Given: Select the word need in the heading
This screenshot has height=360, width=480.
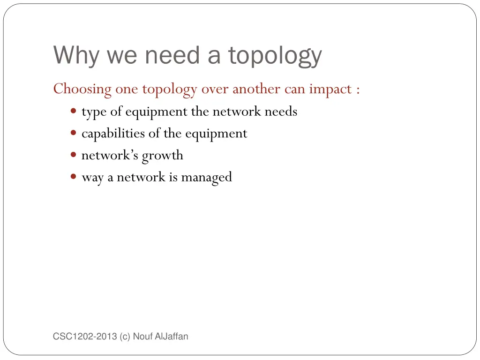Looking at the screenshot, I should (x=172, y=55).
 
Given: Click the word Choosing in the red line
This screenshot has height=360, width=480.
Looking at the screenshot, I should (x=82, y=89).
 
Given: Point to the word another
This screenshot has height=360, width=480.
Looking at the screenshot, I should (x=256, y=89).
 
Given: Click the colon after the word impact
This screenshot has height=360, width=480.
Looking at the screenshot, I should (x=358, y=90).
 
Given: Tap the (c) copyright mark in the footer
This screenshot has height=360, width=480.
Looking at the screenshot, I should (x=125, y=336).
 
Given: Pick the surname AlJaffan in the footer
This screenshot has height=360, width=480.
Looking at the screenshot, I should (x=172, y=336).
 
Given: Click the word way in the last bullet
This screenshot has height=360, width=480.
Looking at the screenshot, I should (x=92, y=177).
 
